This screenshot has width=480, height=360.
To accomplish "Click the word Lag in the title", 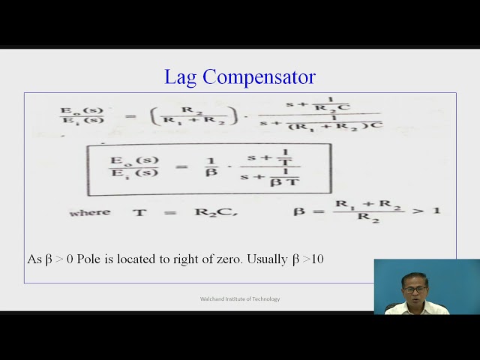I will pyautogui.click(x=181, y=77).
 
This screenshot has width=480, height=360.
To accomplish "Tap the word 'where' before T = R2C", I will pyautogui.click(x=90, y=212).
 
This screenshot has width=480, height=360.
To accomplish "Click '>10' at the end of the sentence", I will pyautogui.click(x=313, y=259).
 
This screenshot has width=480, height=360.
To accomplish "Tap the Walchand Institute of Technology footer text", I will pyautogui.click(x=240, y=299).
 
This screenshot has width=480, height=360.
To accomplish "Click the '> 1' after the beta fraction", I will pyautogui.click(x=427, y=209).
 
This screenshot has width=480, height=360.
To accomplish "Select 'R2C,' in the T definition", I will pyautogui.click(x=216, y=212).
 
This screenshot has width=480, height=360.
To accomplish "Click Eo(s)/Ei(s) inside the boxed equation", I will pyautogui.click(x=134, y=166).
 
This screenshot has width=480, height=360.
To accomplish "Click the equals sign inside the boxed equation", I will pyautogui.click(x=181, y=166).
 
